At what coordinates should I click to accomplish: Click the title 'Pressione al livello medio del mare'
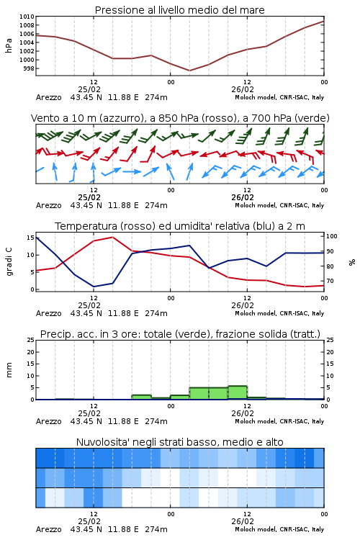(179, 10)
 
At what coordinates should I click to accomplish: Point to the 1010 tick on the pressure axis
(27, 17)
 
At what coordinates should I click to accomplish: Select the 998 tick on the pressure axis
(29, 68)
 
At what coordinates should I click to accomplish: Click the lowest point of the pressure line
(189, 71)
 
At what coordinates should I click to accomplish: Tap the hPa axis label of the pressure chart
(9, 45)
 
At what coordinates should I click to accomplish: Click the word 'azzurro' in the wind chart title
(121, 118)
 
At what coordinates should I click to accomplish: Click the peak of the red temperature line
(112, 237)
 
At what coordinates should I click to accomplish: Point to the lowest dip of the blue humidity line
(94, 287)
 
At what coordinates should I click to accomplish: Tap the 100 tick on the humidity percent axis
(332, 236)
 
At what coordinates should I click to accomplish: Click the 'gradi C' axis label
(9, 262)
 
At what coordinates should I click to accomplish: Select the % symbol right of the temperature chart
(352, 262)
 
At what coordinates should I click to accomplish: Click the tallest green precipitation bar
(238, 392)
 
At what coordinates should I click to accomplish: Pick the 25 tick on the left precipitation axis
(31, 340)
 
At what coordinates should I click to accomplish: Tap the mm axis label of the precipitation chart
(9, 370)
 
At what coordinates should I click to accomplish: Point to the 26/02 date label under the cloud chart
(243, 521)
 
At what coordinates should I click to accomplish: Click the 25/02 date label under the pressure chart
(89, 89)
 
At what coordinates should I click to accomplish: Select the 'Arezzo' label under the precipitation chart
(48, 421)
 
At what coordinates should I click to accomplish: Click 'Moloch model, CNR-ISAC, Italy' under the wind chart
(279, 205)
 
